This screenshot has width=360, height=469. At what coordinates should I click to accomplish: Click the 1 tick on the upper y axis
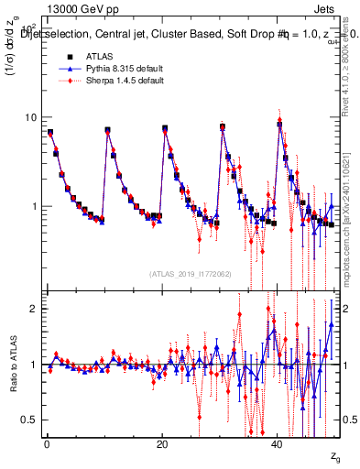point(36,206)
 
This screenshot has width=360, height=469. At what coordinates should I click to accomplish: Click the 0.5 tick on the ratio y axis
point(32,420)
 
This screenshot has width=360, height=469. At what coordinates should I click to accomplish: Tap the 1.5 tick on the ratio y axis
point(32,336)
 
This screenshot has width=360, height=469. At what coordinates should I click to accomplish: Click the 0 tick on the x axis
point(46,444)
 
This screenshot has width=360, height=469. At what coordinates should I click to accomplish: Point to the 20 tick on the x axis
point(162,444)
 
